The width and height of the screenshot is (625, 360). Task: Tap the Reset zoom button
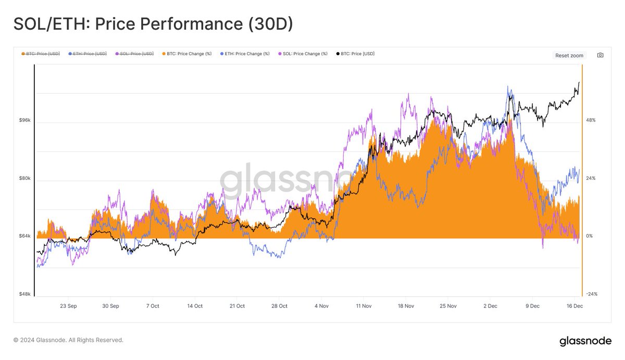tap(569, 55)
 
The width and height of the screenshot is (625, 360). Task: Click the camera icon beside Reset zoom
tap(600, 55)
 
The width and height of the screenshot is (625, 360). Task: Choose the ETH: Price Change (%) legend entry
tap(247, 54)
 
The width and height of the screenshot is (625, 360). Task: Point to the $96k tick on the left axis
tap(24, 120)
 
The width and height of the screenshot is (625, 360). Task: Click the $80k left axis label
tap(24, 178)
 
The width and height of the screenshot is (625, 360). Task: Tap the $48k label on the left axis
tap(24, 294)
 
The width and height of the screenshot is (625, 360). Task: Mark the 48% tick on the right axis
tap(591, 120)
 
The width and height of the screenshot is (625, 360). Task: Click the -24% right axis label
tap(591, 294)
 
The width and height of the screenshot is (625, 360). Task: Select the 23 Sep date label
tap(68, 306)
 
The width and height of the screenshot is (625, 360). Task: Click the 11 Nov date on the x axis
tap(363, 306)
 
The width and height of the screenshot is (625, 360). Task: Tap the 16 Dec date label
tap(574, 306)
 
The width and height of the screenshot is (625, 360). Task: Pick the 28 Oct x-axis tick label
tap(279, 306)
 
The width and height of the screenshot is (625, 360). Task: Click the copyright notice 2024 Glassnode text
tap(68, 340)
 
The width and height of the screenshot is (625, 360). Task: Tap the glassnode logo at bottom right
tap(585, 341)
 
